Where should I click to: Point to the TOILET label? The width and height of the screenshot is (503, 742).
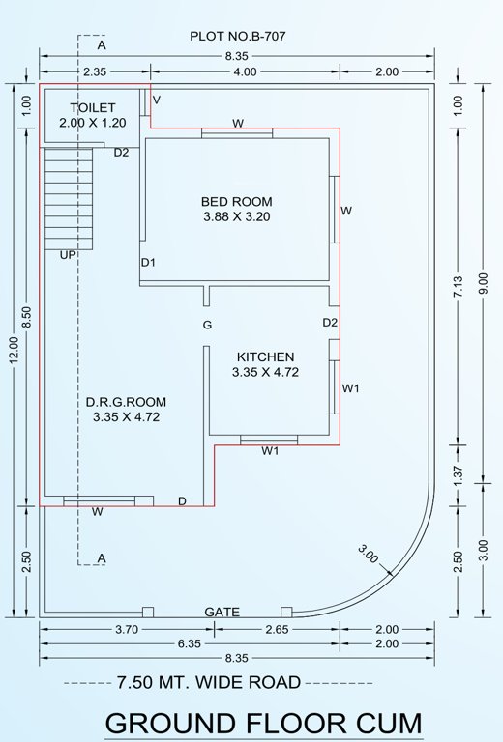[93, 107]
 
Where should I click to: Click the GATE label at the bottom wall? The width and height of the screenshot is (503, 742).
[222, 613]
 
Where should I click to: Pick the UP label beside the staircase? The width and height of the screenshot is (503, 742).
[68, 255]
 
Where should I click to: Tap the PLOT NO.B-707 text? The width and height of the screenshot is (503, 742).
[237, 37]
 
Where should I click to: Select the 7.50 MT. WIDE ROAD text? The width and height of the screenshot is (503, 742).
[208, 682]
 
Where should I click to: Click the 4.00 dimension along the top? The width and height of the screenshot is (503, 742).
[245, 71]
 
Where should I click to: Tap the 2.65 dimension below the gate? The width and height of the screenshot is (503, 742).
[276, 630]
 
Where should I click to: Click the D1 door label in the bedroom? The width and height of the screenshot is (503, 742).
[148, 263]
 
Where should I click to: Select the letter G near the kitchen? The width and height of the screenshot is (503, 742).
[207, 326]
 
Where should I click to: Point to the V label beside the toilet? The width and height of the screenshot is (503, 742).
[157, 100]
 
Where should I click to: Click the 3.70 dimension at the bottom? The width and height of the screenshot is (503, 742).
[125, 630]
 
